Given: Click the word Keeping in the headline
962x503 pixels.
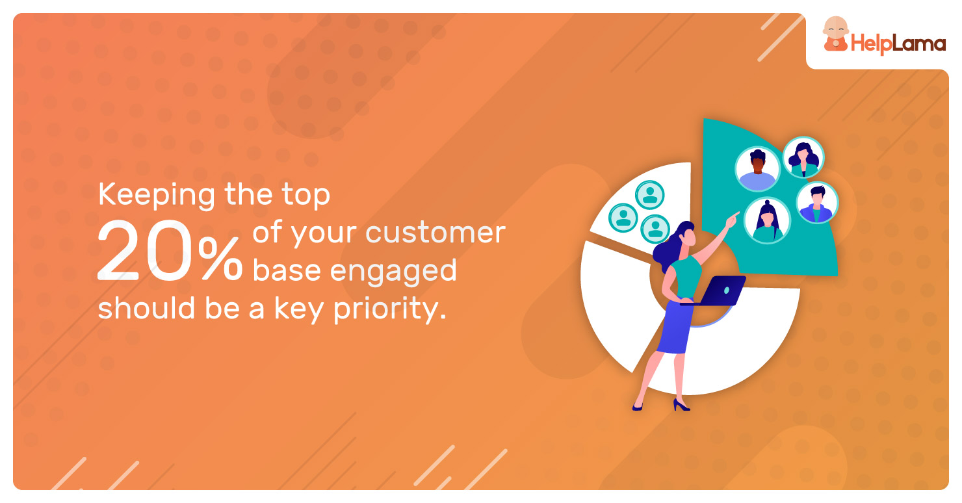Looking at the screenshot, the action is (x=156, y=196).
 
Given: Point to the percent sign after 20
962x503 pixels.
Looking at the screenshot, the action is (x=220, y=258).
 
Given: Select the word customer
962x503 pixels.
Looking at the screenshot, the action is (x=435, y=233).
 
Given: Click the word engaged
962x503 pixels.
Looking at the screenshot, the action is (x=393, y=272).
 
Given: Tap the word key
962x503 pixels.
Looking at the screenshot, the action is (x=298, y=309).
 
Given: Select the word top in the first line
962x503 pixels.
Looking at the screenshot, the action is (x=305, y=196).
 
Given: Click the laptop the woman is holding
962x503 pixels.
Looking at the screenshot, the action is (x=714, y=290).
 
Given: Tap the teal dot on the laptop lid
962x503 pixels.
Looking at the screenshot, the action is (x=726, y=290).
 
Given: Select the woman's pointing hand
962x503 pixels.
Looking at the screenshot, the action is (x=731, y=220).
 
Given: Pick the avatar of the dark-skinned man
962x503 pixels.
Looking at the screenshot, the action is (x=757, y=169).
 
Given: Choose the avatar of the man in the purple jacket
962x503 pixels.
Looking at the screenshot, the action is (x=817, y=202).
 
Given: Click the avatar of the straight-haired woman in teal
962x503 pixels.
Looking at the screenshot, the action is (x=767, y=220).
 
